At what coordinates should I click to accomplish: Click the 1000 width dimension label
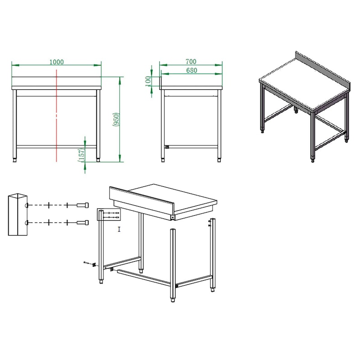pos(57,62)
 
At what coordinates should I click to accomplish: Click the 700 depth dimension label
pos(191,61)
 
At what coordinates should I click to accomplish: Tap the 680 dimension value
pos(191,70)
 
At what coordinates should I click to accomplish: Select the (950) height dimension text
pos(116,119)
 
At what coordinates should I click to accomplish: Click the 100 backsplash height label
pos(148,81)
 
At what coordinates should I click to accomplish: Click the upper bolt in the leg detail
pos(83,205)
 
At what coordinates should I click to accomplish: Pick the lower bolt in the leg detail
pos(83,222)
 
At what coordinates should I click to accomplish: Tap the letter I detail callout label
pos(119,229)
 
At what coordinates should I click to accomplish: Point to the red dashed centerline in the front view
pos(56,115)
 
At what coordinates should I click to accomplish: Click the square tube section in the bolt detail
pos(18,214)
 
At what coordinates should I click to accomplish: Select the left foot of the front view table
pos(15,160)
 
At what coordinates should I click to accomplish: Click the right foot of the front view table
pos(98,160)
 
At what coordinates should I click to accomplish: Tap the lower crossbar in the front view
pos(56,147)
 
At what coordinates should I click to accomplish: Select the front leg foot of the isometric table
pos(313,160)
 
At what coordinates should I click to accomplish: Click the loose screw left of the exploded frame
pos(86,263)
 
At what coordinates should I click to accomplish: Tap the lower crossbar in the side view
pos(191,147)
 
